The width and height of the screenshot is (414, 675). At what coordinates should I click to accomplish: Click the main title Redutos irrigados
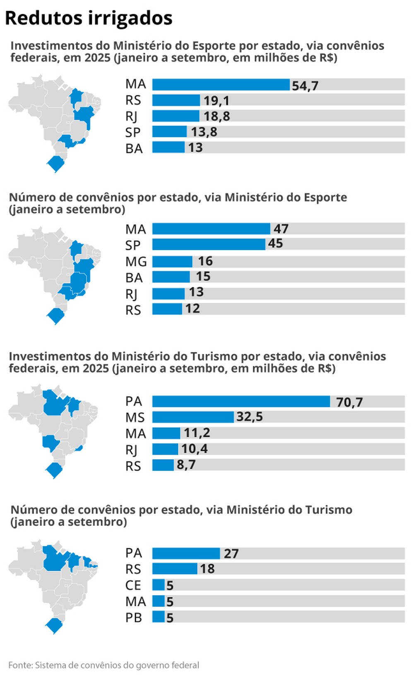click(89, 18)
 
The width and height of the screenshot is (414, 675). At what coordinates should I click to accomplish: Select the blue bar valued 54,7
click(221, 85)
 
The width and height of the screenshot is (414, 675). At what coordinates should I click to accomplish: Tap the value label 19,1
click(216, 100)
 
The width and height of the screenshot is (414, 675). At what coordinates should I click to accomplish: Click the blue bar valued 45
click(209, 244)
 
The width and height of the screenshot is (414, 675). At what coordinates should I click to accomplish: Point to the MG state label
click(136, 262)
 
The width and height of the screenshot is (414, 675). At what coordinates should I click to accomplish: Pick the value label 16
click(205, 261)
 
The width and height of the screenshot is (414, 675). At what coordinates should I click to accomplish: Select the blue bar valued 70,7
click(241, 401)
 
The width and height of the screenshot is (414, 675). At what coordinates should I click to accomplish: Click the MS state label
click(135, 417)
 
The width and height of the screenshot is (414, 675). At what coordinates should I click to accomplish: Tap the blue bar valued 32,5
click(193, 417)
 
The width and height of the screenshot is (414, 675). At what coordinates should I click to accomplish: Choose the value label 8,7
click(186, 465)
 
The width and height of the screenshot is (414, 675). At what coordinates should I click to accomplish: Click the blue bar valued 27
click(186, 553)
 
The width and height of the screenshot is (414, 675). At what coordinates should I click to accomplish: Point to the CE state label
click(133, 585)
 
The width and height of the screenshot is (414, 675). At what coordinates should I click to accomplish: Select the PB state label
click(134, 618)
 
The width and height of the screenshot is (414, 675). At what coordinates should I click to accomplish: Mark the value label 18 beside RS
click(207, 569)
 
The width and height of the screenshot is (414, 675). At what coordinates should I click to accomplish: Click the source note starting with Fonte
click(103, 665)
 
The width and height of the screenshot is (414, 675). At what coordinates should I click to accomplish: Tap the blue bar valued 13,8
click(169, 132)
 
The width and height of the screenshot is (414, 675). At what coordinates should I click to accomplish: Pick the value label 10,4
click(194, 449)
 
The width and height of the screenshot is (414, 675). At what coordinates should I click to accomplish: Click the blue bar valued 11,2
click(166, 433)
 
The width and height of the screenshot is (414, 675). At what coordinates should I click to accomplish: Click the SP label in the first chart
click(133, 133)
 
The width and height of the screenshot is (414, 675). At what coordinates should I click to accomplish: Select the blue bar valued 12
click(167, 309)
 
